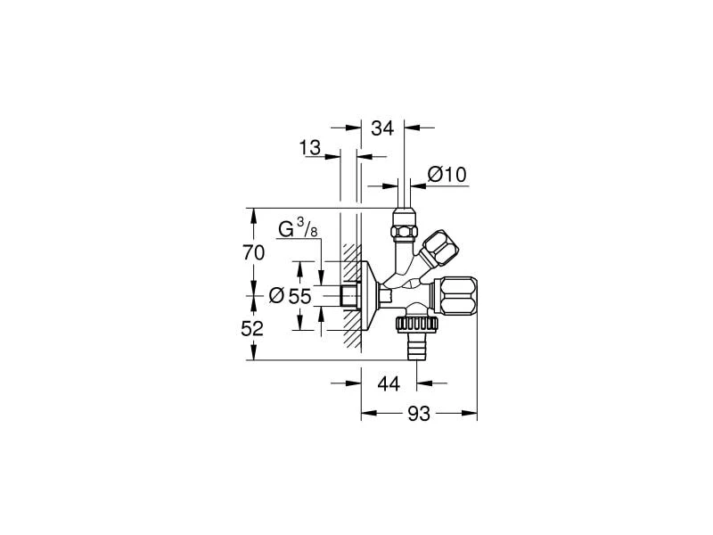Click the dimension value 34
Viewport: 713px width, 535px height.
382,128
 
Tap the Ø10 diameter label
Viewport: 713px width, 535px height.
447,175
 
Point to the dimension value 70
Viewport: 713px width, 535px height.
253,253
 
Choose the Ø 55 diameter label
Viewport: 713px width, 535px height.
290,296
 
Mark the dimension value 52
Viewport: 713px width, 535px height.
253,328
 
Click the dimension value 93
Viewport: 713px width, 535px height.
419,414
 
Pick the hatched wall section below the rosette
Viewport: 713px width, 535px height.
353,334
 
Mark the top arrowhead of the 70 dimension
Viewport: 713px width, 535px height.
253,213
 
